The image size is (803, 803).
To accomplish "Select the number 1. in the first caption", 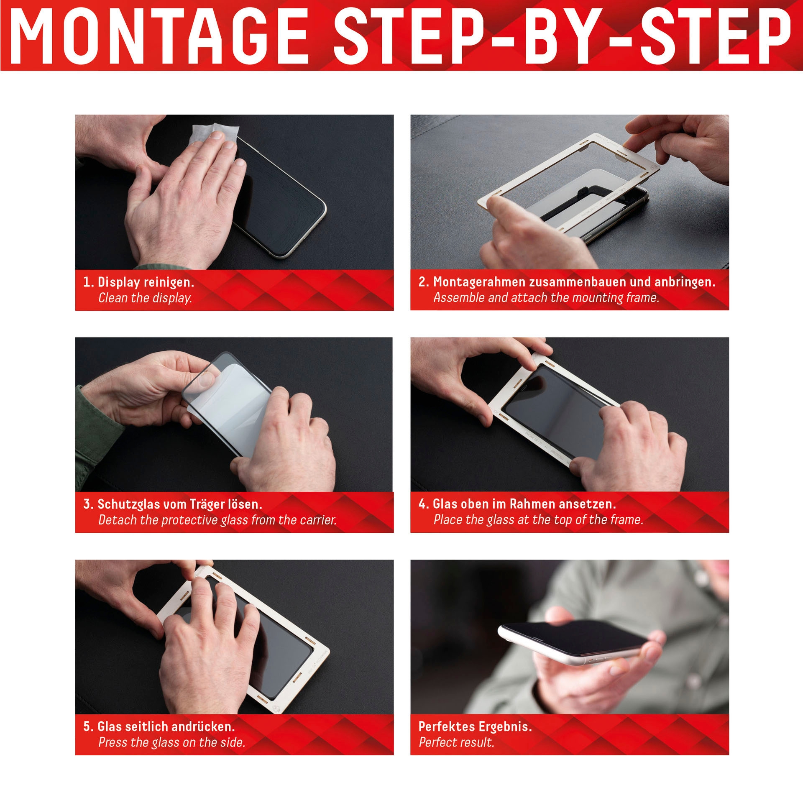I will (88, 282).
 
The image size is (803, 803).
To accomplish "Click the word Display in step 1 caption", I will (118, 283).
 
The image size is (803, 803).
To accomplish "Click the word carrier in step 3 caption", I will (318, 520).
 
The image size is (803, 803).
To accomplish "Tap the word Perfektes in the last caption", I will (446, 726).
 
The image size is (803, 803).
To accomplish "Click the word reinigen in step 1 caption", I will (169, 283).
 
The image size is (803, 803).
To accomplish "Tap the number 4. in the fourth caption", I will (423, 504).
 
